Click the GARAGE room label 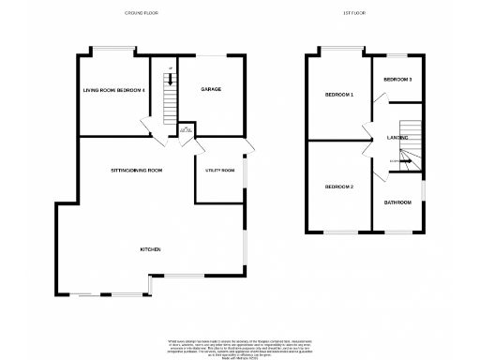point(210,90)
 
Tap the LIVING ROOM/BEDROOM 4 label point(114,90)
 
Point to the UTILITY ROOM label point(220,171)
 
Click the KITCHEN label point(152,249)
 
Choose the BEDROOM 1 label point(338,95)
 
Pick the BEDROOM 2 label point(338,187)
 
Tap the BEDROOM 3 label point(397,80)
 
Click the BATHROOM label point(397,202)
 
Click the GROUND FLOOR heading point(140,13)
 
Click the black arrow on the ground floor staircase point(170,80)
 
